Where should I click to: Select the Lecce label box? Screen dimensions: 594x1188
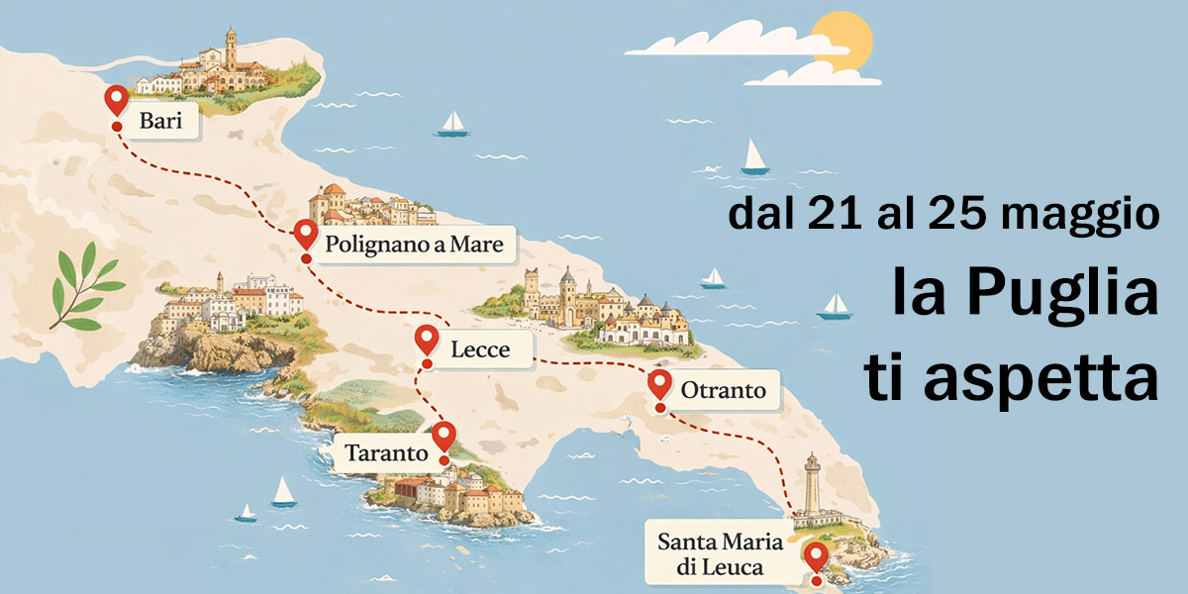click(x=480, y=349)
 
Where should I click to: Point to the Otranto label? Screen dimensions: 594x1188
click(x=723, y=390)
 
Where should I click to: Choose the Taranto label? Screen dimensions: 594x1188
click(x=386, y=454)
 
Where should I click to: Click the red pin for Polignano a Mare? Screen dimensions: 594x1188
click(x=306, y=236)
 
